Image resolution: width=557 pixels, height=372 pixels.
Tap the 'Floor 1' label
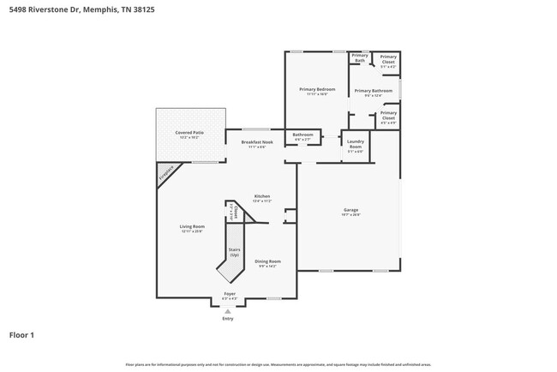21,335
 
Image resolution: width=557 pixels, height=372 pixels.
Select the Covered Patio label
189,135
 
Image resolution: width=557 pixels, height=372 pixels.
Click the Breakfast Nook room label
257,143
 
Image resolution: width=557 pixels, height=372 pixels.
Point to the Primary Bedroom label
316,91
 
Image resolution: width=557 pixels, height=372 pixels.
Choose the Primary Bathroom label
373,92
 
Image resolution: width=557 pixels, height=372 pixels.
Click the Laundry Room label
355,147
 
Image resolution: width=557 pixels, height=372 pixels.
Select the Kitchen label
262,198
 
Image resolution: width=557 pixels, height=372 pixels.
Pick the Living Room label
192,228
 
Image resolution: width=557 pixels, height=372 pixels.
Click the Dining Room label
269,263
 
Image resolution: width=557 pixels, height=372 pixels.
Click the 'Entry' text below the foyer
228,318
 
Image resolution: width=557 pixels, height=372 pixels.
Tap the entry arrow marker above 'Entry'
228,310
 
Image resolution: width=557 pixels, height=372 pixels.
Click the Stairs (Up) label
234,255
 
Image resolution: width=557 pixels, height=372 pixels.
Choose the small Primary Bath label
360,57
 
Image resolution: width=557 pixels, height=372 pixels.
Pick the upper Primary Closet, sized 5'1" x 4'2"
388,59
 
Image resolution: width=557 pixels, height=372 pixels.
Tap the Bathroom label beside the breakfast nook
302,136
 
